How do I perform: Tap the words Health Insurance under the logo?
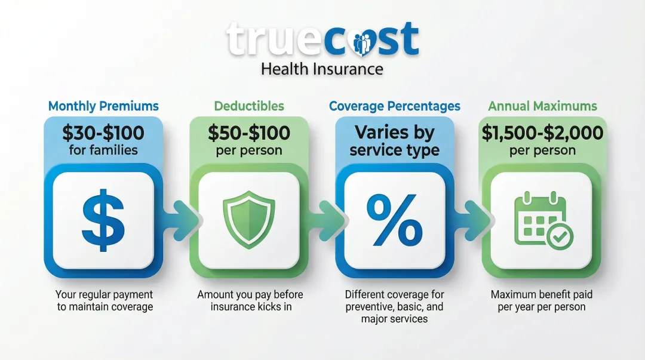click(322, 69)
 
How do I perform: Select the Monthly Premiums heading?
click(103, 106)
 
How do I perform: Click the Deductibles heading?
click(249, 106)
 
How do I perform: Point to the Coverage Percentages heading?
click(395, 106)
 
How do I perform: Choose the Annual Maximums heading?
click(542, 106)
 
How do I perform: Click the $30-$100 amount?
click(103, 133)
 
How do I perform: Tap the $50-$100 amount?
click(249, 133)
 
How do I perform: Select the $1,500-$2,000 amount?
click(542, 133)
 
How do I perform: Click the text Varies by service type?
click(395, 141)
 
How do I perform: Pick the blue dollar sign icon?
click(103, 220)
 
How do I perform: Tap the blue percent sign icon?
click(395, 220)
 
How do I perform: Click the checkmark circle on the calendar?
click(560, 236)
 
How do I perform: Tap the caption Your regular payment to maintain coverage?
click(104, 301)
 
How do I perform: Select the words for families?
click(103, 150)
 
